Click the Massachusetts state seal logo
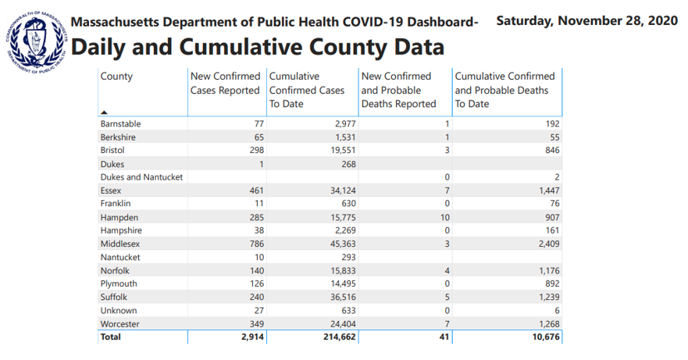(x=37, y=43)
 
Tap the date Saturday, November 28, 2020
(x=586, y=20)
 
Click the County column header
(x=116, y=76)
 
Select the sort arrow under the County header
(x=104, y=112)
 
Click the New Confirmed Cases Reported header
(x=225, y=83)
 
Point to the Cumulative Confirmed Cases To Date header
(x=307, y=90)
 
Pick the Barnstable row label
(x=120, y=124)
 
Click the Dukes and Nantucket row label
(x=141, y=177)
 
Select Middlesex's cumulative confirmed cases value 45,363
(x=343, y=244)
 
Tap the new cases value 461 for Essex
(x=256, y=191)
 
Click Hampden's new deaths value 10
(x=445, y=217)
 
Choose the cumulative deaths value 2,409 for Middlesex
(x=549, y=244)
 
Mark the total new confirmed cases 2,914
(x=253, y=337)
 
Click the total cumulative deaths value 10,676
(x=546, y=337)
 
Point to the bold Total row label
(x=110, y=337)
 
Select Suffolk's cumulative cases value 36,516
(x=343, y=298)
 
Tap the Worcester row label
(x=119, y=324)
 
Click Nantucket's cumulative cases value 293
(x=348, y=257)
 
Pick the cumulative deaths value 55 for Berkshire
(x=554, y=137)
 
